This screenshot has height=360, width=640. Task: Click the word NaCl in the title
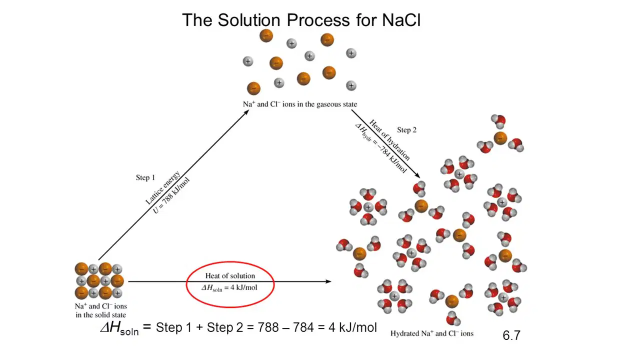click(401, 20)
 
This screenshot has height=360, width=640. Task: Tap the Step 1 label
click(145, 177)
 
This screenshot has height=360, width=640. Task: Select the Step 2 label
click(406, 130)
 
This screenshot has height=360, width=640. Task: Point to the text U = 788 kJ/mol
click(171, 195)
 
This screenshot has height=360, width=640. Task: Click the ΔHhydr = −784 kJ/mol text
click(380, 148)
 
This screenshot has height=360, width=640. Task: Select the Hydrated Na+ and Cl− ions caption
click(431, 333)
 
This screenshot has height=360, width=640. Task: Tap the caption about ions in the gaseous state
click(299, 104)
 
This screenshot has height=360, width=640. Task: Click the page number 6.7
click(511, 335)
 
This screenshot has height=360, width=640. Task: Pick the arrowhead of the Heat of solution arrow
click(329, 281)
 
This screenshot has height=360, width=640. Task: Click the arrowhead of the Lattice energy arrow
click(246, 112)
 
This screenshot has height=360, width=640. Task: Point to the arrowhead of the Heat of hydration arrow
click(417, 175)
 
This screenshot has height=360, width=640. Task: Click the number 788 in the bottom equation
click(268, 327)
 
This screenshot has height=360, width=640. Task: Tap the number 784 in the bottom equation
click(303, 327)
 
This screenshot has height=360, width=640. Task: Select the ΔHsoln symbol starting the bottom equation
click(119, 328)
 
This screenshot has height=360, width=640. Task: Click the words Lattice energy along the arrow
click(163, 187)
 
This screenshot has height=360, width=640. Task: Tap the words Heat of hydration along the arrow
click(389, 140)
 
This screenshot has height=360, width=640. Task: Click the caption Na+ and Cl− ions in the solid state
click(101, 310)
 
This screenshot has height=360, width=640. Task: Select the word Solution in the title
click(249, 20)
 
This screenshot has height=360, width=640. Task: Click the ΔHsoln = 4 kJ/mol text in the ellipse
click(229, 288)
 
